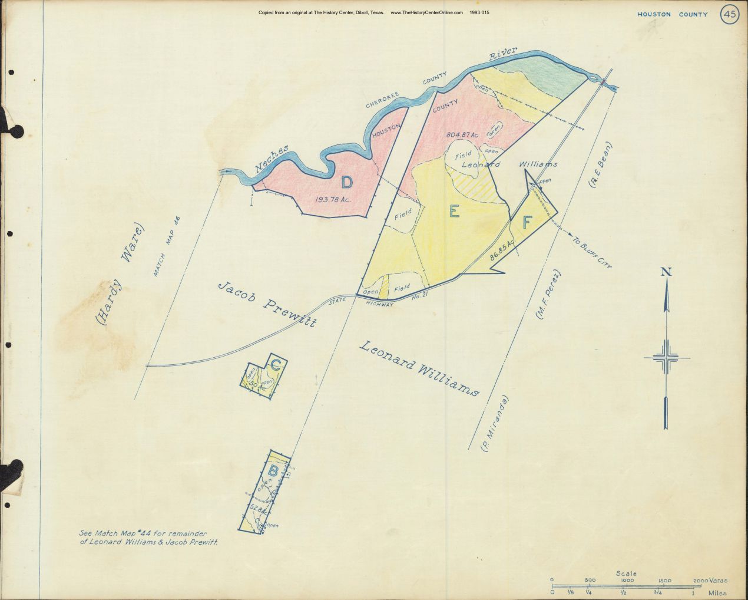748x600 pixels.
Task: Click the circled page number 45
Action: (729, 15)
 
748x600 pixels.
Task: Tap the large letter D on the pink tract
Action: (347, 182)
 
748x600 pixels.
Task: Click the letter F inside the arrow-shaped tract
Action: (527, 223)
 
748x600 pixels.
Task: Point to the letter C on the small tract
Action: (275, 365)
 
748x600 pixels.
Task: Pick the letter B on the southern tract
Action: (273, 471)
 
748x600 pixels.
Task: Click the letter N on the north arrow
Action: (667, 272)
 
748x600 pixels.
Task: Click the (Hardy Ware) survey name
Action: (120, 274)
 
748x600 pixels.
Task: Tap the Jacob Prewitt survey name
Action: (268, 304)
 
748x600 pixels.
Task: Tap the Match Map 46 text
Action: (167, 246)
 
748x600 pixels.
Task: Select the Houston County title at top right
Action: (672, 14)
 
